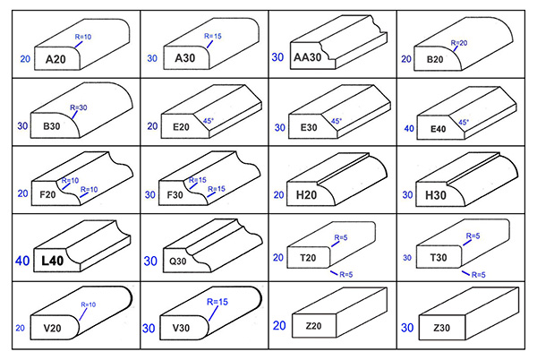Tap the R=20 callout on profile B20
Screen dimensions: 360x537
tap(456, 43)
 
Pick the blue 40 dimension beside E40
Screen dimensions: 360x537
tap(408, 128)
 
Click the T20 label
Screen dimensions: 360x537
tap(306, 256)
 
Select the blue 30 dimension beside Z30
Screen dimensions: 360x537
tap(408, 328)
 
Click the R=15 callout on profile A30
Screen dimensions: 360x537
tap(215, 37)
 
